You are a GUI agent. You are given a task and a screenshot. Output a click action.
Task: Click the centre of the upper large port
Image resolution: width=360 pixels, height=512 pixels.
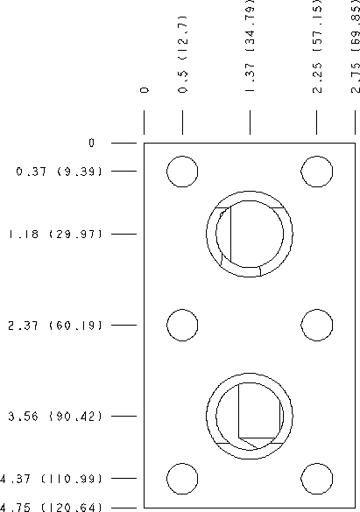click(x=250, y=234)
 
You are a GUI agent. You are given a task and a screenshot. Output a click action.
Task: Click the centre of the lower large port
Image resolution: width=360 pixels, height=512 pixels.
click(x=250, y=416)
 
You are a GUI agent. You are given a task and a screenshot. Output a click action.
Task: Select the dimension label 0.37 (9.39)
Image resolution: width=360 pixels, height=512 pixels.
click(x=60, y=172)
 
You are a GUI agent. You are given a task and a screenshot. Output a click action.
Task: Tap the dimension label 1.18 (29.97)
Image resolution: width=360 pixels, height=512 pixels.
click(x=55, y=235)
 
